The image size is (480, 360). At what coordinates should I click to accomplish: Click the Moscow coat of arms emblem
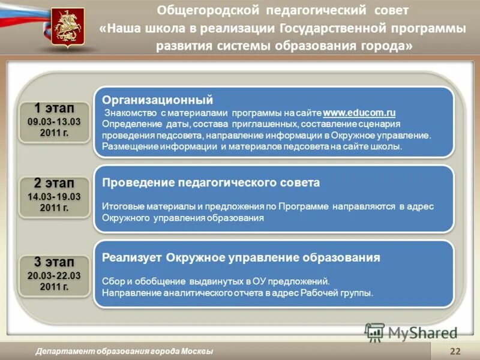pyautogui.click(x=67, y=28)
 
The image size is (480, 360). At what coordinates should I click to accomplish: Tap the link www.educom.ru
pyautogui.click(x=359, y=113)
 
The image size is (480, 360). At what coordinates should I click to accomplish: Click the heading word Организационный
pyautogui.click(x=157, y=100)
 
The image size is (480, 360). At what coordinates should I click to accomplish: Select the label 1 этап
pyautogui.click(x=54, y=109)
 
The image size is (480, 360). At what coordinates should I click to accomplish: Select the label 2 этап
pyautogui.click(x=54, y=183)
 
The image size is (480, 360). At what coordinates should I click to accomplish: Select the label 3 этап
pyautogui.click(x=54, y=262)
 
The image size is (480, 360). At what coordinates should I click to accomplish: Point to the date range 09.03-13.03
pyautogui.click(x=54, y=122)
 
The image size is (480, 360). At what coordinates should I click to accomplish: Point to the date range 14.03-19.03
pyautogui.click(x=54, y=196)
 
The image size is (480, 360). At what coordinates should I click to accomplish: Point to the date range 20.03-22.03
pyautogui.click(x=54, y=275)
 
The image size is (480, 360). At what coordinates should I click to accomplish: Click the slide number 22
pyautogui.click(x=455, y=351)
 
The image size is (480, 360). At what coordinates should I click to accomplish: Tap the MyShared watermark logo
pyautogui.click(x=412, y=332)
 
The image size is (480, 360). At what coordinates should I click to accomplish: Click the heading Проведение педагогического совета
pyautogui.click(x=211, y=182)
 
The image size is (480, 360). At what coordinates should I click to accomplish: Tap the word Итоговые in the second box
pyautogui.click(x=119, y=206)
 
